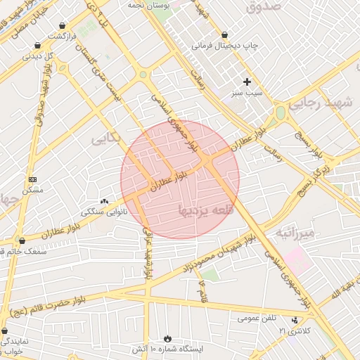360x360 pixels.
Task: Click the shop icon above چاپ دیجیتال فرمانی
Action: (225, 34)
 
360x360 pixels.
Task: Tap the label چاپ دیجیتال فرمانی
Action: (226, 45)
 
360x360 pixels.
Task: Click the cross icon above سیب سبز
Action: (247, 82)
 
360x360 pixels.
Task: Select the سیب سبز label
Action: (249, 93)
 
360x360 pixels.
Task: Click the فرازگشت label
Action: (63, 35)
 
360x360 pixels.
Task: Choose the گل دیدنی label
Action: (39, 56)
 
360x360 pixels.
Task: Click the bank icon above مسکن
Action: (32, 180)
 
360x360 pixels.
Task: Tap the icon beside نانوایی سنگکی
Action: (105, 201)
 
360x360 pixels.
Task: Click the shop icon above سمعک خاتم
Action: (22, 240)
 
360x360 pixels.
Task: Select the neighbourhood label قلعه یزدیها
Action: (205, 208)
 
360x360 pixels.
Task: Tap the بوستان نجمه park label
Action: (148, 4)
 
